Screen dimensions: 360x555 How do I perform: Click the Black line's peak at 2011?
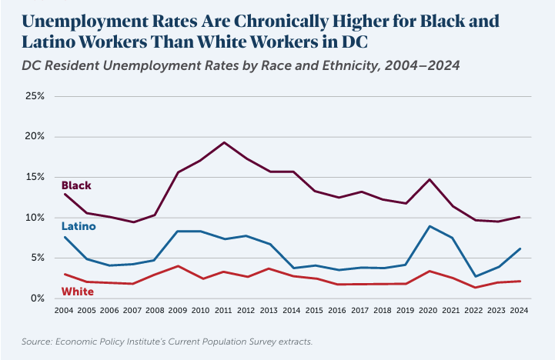coord(223,142)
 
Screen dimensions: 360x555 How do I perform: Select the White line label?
coord(77,292)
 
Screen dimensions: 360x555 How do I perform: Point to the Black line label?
coord(76,185)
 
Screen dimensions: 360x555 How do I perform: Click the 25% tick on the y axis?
coord(35,96)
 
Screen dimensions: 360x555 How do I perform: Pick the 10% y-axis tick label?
coord(35,218)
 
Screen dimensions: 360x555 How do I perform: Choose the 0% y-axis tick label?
coord(38,298)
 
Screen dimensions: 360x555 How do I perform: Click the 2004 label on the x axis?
coord(64,312)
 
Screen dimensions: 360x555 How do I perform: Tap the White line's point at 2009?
coord(179,266)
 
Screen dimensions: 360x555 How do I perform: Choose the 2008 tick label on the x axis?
coord(155,312)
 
